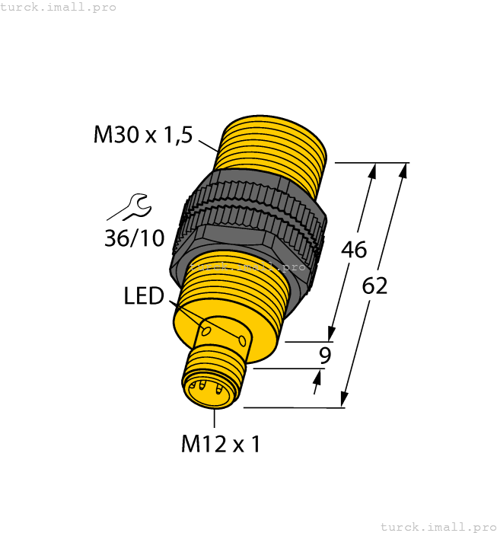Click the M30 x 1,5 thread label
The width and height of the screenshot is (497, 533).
142,135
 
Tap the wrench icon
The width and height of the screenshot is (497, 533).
127,208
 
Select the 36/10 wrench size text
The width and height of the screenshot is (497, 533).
134,238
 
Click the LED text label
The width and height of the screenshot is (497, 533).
144,295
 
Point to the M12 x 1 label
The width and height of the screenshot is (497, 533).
220,443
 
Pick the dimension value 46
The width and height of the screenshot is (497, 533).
354,249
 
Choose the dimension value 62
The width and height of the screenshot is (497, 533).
374,286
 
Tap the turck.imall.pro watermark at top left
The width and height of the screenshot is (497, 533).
59,7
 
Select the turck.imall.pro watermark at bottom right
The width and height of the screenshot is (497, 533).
437,526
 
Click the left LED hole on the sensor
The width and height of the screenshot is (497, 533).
205,330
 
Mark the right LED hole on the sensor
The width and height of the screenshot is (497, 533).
242,340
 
